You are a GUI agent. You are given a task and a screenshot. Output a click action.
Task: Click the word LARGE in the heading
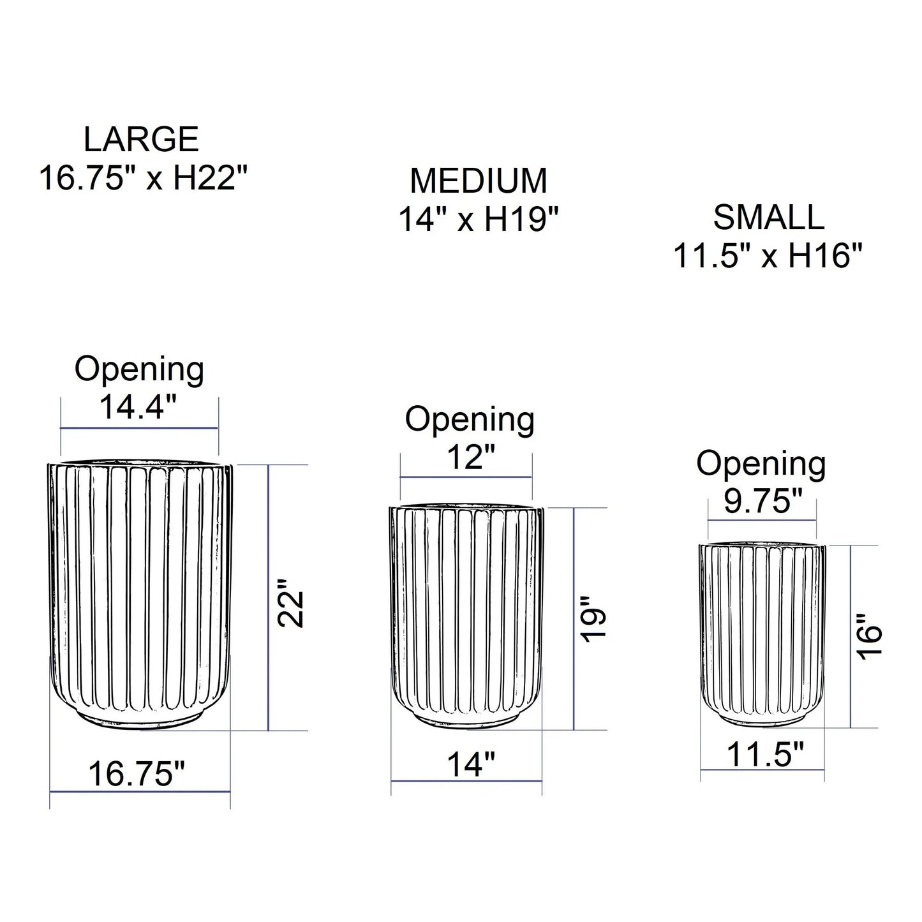[141, 139]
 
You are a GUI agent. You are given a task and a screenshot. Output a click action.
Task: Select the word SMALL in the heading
[768, 218]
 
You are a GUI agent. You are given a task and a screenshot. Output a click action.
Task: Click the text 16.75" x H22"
[143, 177]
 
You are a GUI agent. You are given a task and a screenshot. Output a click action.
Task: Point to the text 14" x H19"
[479, 219]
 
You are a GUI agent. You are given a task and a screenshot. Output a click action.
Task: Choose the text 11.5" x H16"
[768, 255]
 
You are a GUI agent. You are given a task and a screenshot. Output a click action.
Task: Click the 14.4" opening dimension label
[138, 406]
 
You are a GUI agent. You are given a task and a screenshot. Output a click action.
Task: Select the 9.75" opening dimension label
[762, 501]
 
